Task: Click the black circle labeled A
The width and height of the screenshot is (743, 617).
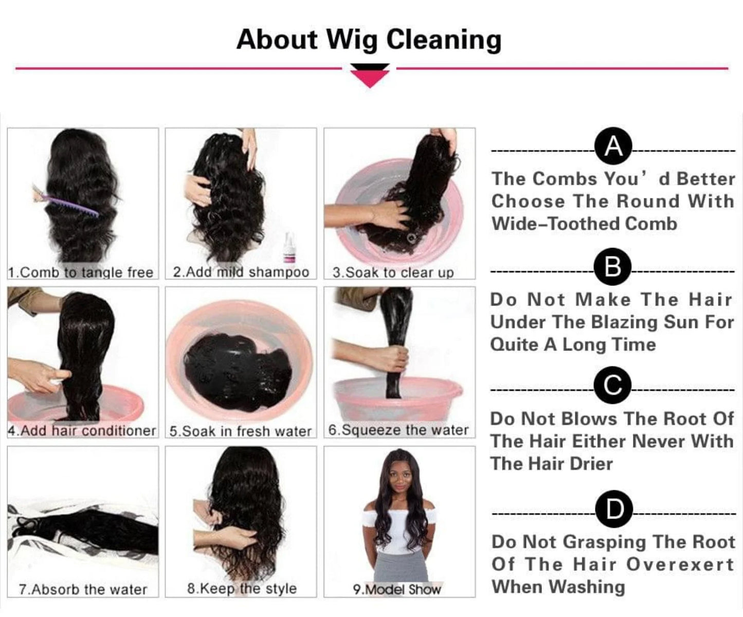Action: (x=613, y=147)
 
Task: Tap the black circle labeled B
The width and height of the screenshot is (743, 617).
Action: (x=612, y=267)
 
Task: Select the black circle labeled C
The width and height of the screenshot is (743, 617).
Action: (x=612, y=385)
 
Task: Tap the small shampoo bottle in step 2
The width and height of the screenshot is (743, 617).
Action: (x=290, y=247)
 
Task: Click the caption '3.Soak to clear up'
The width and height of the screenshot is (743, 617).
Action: (x=393, y=273)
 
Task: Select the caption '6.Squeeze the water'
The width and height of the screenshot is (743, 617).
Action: (x=398, y=430)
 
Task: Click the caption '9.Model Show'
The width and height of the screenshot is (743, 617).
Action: (x=397, y=589)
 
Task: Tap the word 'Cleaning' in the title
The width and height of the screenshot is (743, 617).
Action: (x=443, y=40)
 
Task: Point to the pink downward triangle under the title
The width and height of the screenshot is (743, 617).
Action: (x=369, y=78)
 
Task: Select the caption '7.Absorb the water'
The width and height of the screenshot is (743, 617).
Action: (x=83, y=589)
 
